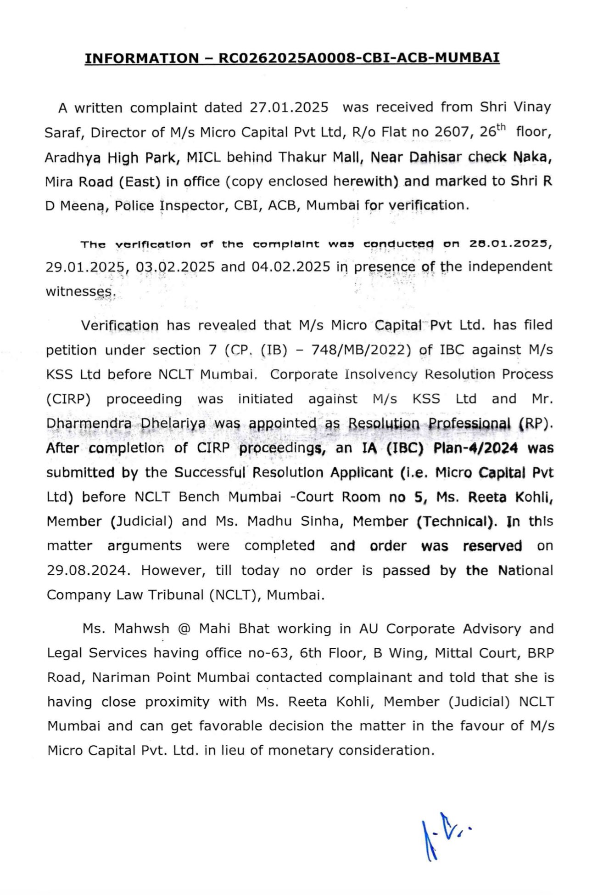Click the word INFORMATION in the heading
[x=142, y=58]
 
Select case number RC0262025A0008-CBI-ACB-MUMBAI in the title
[x=359, y=58]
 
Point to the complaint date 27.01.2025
[x=289, y=108]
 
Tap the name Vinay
[x=532, y=107]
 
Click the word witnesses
[x=78, y=292]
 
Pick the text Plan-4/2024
[x=475, y=448]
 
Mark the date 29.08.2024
[x=86, y=571]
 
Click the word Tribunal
[x=176, y=595]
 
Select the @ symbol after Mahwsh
[x=184, y=629]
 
